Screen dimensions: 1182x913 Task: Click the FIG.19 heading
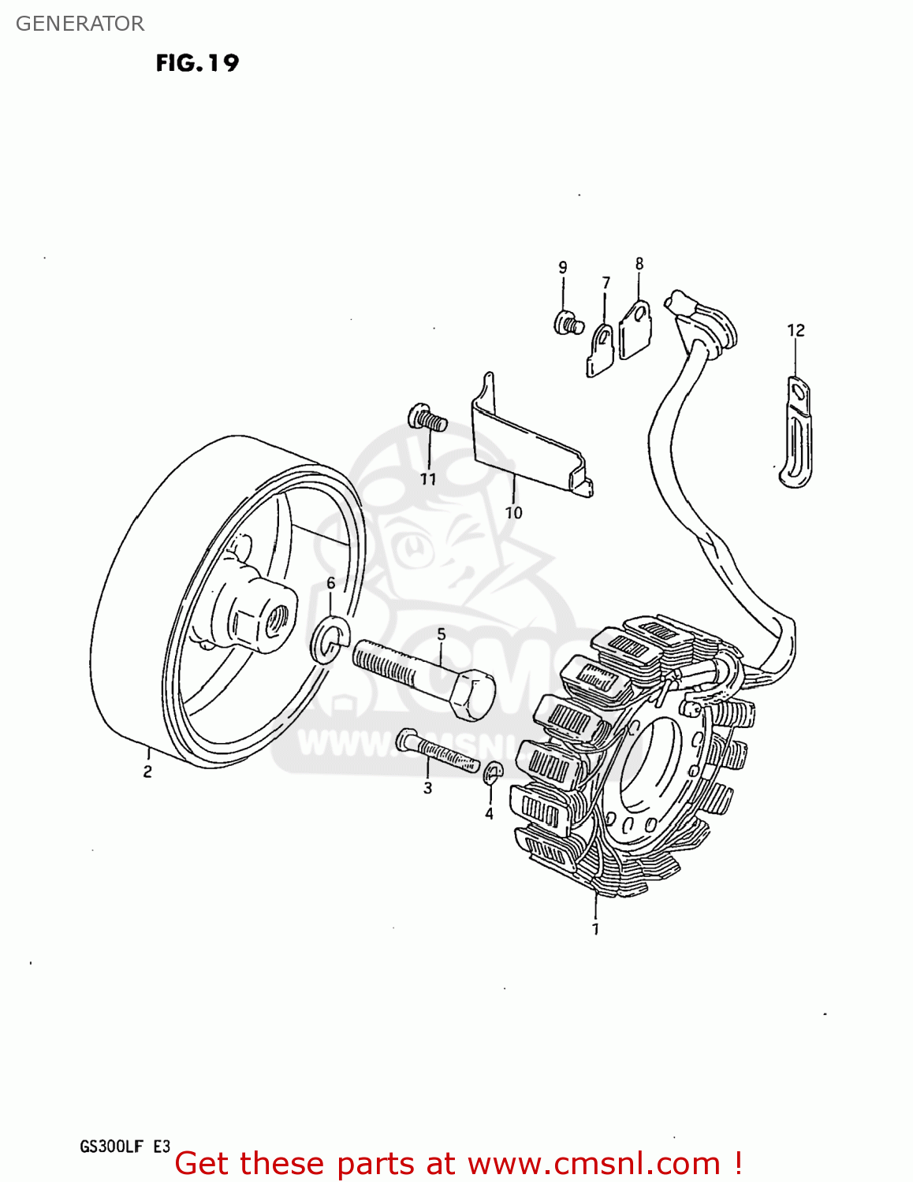(x=197, y=63)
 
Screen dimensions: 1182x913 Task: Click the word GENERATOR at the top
(x=80, y=24)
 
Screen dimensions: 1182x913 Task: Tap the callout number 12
(x=796, y=330)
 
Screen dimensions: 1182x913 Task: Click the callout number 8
(x=639, y=264)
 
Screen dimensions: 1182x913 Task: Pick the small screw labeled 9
(x=568, y=322)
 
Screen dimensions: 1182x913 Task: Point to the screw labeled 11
(x=427, y=418)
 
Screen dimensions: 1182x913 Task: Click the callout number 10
(x=513, y=513)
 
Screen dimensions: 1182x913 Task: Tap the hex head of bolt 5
(x=472, y=693)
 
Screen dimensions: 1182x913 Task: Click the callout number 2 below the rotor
(x=147, y=772)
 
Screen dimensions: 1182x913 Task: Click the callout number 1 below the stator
(x=595, y=929)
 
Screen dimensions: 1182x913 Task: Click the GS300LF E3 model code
(x=125, y=1147)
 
